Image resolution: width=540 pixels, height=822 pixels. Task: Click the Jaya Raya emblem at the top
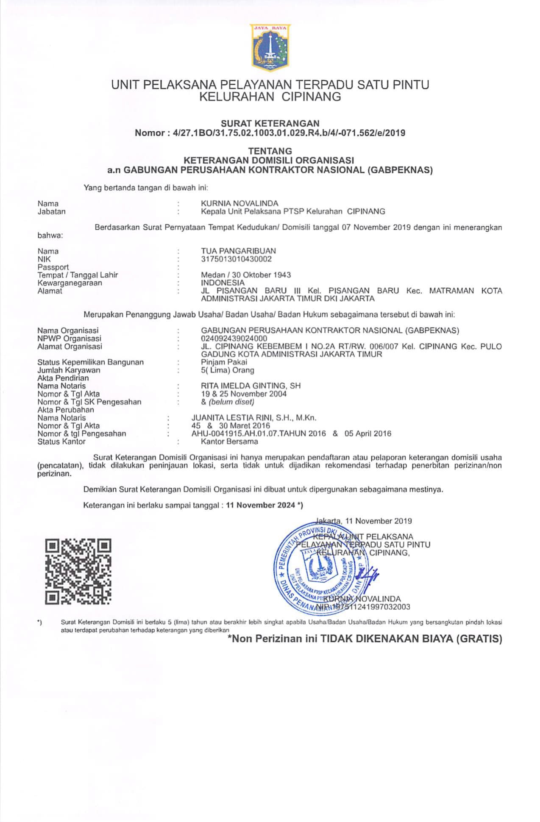[x=270, y=47]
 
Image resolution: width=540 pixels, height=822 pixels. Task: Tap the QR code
[x=78, y=571]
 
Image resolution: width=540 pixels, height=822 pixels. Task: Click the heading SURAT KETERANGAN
[x=270, y=123]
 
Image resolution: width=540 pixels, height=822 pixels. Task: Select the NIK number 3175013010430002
[x=236, y=259]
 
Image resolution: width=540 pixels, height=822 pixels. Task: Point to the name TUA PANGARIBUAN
[x=238, y=251]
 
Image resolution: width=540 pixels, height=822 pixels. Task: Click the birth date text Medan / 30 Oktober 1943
[x=246, y=275]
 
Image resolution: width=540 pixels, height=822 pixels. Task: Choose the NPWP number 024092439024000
[x=234, y=338]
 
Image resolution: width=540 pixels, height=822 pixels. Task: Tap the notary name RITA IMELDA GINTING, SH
[x=251, y=386]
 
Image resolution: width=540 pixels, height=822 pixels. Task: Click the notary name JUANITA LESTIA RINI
[x=237, y=418]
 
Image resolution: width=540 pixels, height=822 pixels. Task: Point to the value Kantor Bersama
[x=229, y=442]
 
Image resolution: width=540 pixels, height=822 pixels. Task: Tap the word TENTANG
[x=270, y=151]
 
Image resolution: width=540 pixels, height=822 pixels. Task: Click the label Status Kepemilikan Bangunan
[x=90, y=362]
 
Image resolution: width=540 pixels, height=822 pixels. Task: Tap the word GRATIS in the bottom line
[x=480, y=639]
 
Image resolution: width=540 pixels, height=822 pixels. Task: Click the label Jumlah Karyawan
[x=69, y=370]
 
